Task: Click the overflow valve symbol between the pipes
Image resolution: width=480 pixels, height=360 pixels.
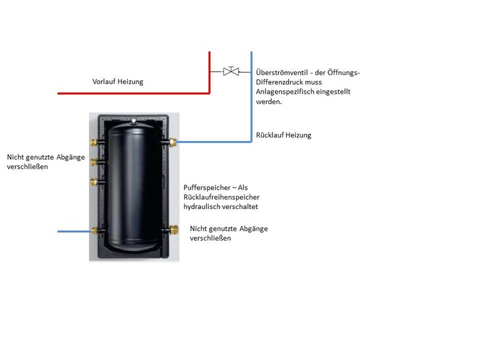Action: (231, 71)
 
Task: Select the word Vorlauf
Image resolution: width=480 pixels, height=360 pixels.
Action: (104, 82)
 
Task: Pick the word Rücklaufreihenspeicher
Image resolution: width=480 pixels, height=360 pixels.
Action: (222, 196)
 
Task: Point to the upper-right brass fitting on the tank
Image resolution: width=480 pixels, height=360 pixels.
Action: (173, 141)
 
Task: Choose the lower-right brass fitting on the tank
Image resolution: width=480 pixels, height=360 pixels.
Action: (173, 230)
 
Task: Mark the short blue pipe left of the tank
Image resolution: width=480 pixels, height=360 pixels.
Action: (75, 231)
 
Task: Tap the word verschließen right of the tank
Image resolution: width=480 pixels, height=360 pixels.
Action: (210, 238)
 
